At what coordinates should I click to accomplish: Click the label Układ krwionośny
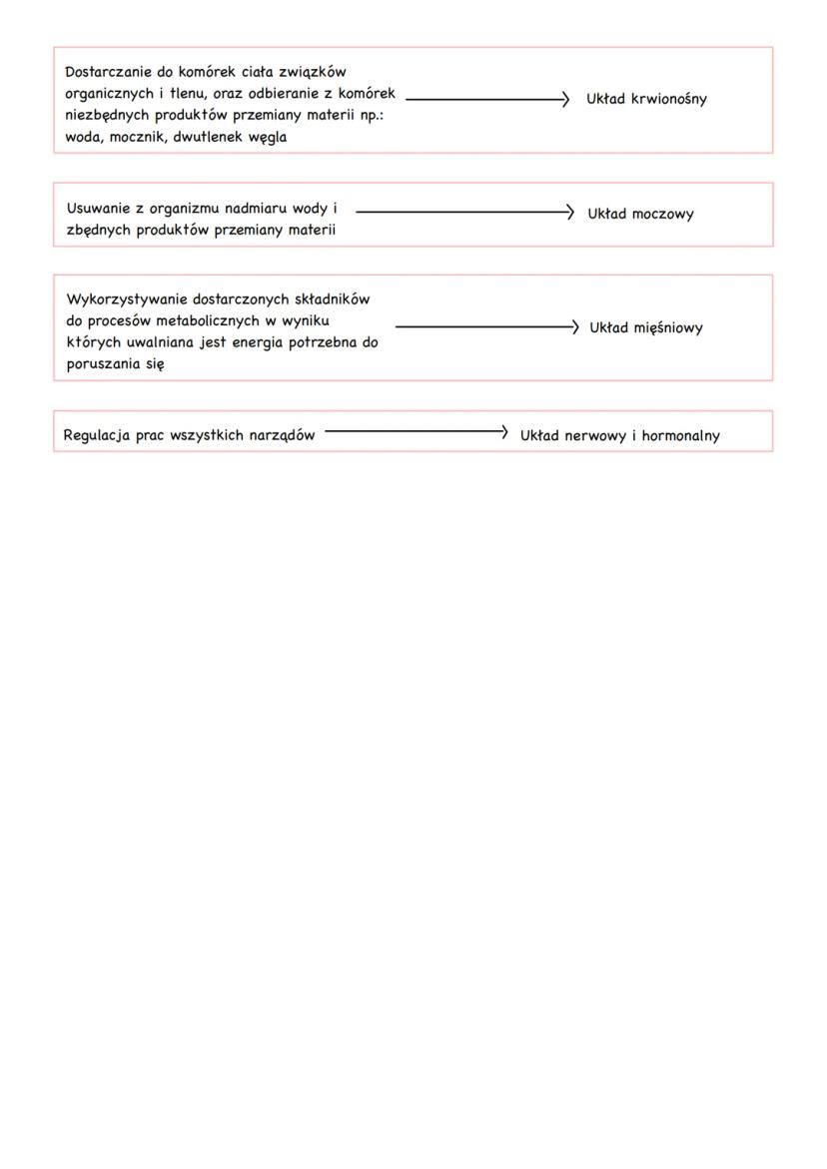646,99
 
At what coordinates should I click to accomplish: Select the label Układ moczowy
640,214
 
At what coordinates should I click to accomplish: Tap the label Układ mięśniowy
646,327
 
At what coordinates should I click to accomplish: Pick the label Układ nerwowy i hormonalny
619,435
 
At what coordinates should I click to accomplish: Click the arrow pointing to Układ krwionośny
487,99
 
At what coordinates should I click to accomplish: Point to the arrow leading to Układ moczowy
464,212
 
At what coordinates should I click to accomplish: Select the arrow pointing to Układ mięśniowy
486,326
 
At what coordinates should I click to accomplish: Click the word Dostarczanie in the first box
108,72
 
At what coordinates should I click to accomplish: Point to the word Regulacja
97,435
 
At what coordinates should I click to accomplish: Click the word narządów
281,435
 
